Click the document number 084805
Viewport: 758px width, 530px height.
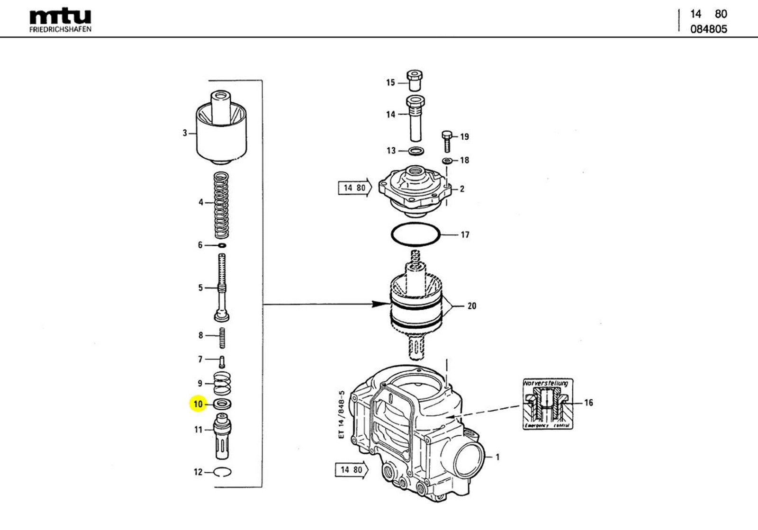[708, 29]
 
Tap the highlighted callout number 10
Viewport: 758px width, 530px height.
[198, 404]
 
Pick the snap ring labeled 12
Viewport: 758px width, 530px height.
[222, 472]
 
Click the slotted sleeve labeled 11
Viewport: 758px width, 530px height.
[222, 436]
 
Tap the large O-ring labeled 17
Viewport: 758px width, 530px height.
[416, 234]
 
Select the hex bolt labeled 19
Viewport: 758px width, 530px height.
[446, 141]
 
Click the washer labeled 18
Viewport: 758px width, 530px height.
[447, 161]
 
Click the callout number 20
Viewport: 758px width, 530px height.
[472, 306]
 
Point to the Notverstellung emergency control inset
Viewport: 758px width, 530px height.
[547, 404]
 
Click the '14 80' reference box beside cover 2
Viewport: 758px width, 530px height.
[355, 188]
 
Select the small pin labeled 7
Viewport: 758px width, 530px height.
[222, 361]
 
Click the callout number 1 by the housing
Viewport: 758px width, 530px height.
[497, 457]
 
